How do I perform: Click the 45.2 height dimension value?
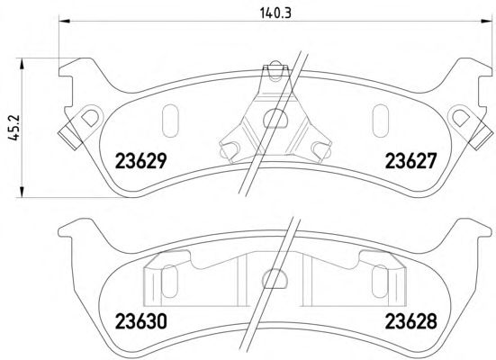pyautogui.click(x=14, y=128)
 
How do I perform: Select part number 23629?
pyautogui.click(x=140, y=161)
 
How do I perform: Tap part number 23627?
pyautogui.click(x=410, y=161)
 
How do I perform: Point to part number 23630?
pyautogui.click(x=140, y=321)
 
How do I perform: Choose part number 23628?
pyautogui.click(x=410, y=321)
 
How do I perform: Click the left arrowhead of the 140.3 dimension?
pyautogui.click(x=64, y=22)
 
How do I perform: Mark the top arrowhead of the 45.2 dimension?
pyautogui.click(x=22, y=63)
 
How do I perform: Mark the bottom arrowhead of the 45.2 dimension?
pyautogui.click(x=22, y=192)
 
